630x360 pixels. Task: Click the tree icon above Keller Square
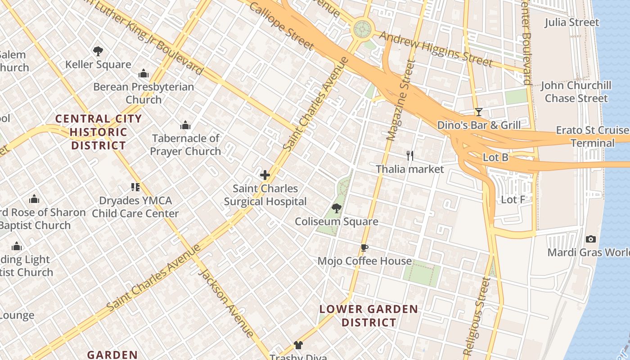[98, 51]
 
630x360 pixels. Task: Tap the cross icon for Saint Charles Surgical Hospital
[265, 175]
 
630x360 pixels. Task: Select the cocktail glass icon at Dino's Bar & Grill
[478, 112]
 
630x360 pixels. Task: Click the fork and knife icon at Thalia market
[409, 156]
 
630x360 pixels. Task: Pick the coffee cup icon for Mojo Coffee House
[364, 247]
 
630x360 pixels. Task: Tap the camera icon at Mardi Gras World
[591, 239]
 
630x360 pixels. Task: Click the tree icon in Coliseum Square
[336, 208]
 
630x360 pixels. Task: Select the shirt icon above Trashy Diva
[298, 345]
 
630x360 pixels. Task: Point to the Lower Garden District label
[369, 316]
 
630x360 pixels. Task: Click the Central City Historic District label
[99, 132]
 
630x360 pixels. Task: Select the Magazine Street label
[399, 100]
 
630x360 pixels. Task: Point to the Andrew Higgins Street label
[436, 49]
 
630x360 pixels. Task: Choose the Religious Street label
[477, 316]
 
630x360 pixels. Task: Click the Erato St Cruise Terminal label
[592, 137]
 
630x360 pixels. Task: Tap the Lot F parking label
[513, 199]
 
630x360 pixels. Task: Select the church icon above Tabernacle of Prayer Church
[185, 125]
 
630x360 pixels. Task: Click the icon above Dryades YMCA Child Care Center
[135, 187]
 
